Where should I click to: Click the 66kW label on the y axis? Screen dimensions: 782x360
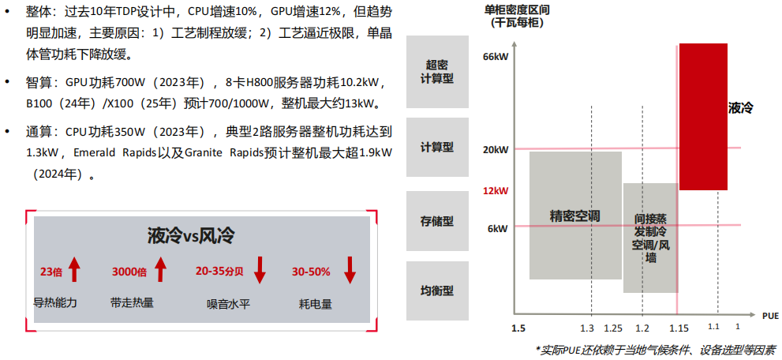click(x=495, y=57)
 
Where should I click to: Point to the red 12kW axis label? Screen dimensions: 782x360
click(x=495, y=191)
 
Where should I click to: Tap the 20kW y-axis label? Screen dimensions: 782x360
click(x=495, y=150)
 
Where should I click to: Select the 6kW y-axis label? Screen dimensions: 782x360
click(x=497, y=229)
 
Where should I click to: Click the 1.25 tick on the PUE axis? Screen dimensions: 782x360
click(x=612, y=328)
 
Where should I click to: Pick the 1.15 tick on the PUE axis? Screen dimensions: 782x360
click(x=677, y=328)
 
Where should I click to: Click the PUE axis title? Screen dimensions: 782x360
click(x=770, y=315)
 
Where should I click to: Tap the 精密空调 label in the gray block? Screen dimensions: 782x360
click(x=575, y=216)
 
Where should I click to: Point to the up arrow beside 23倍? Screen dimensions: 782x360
click(x=74, y=270)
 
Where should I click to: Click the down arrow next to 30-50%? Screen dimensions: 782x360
click(x=350, y=270)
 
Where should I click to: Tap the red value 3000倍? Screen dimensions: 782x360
click(x=129, y=272)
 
